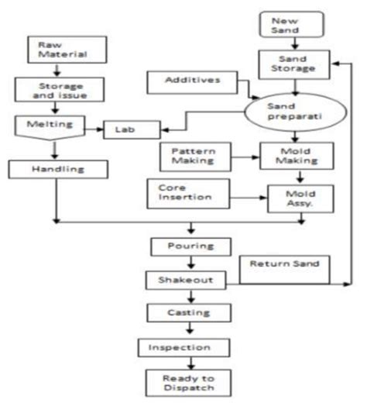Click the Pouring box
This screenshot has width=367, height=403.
pos(190,247)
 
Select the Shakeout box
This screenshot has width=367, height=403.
pos(190,279)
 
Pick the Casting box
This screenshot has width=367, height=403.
pos(190,312)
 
